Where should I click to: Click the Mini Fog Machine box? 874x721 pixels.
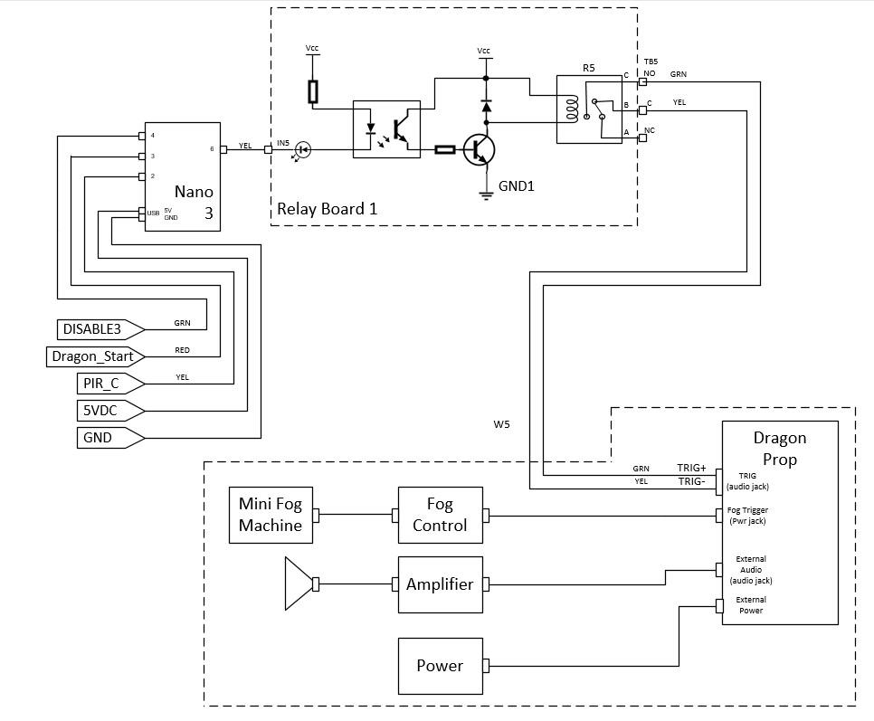(271, 515)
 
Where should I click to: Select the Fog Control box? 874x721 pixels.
(440, 515)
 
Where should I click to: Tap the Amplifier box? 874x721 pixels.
(440, 584)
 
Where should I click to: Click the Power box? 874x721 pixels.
(440, 666)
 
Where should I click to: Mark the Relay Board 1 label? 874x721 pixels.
(327, 209)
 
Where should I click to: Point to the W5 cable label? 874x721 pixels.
(501, 423)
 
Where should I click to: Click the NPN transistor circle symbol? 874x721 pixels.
(480, 149)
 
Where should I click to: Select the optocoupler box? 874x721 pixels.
(385, 129)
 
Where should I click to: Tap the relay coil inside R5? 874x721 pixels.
(571, 109)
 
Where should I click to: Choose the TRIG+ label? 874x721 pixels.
(691, 468)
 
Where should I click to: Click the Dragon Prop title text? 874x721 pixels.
(779, 449)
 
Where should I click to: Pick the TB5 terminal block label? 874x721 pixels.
(651, 62)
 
